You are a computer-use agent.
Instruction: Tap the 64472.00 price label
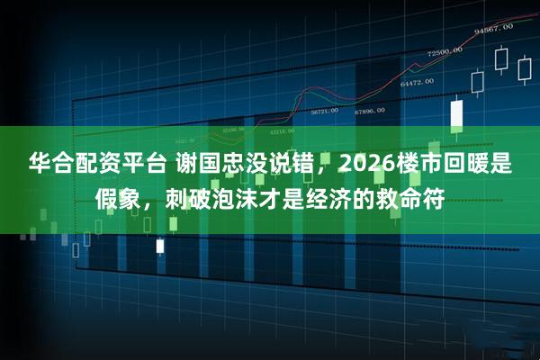pos(417,82)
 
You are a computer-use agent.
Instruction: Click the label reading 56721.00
pos(324,111)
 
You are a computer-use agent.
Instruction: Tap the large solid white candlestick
pos(456,113)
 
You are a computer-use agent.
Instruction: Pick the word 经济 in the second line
pos(343,195)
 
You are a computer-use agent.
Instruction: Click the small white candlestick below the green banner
pos(160,245)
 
